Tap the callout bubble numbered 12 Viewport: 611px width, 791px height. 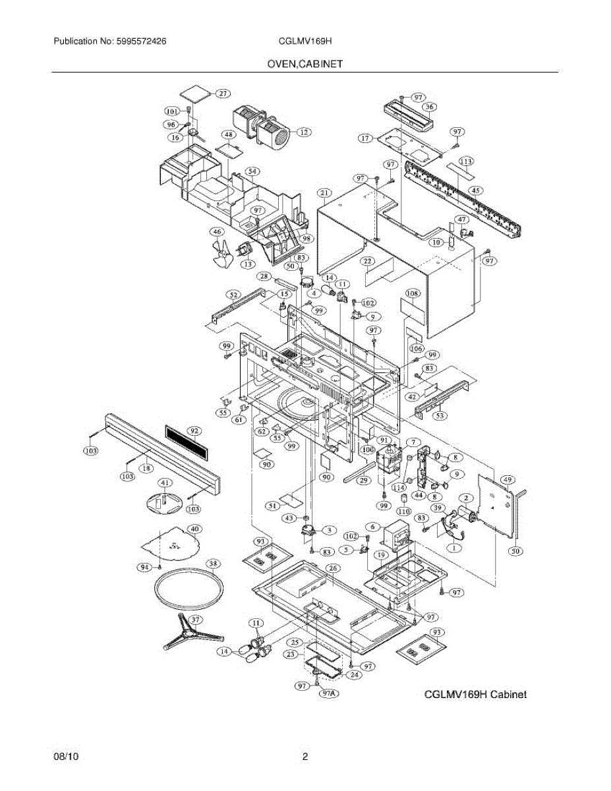(x=303, y=132)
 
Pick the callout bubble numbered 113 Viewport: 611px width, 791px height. (x=466, y=161)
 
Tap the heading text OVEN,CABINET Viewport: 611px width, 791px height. (x=305, y=64)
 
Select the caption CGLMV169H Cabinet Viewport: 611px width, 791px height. (x=475, y=694)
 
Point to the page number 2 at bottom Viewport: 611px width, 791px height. (x=305, y=757)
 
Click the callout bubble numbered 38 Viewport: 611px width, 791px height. (x=212, y=564)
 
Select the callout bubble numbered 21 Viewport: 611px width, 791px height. (x=324, y=193)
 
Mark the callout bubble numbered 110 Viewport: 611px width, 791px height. (x=403, y=512)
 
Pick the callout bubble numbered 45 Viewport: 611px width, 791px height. (x=475, y=190)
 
